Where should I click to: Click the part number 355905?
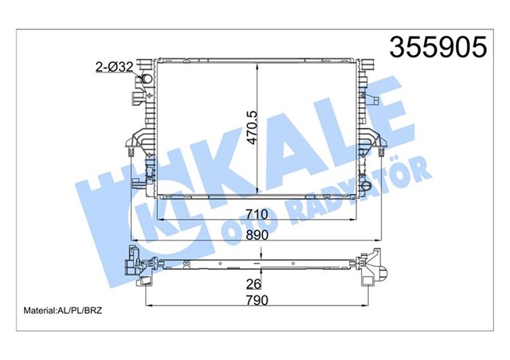tap(438, 47)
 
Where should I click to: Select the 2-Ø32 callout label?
tap(115, 67)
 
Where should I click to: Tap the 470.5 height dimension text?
tap(252, 127)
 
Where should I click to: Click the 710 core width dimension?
tap(257, 214)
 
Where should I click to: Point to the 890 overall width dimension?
tap(257, 235)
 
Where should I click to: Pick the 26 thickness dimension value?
tap(253, 284)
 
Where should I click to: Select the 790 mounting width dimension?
tap(257, 300)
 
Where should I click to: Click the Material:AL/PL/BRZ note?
tap(63, 311)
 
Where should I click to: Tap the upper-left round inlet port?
tap(147, 80)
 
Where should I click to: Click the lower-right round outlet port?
tap(366, 186)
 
